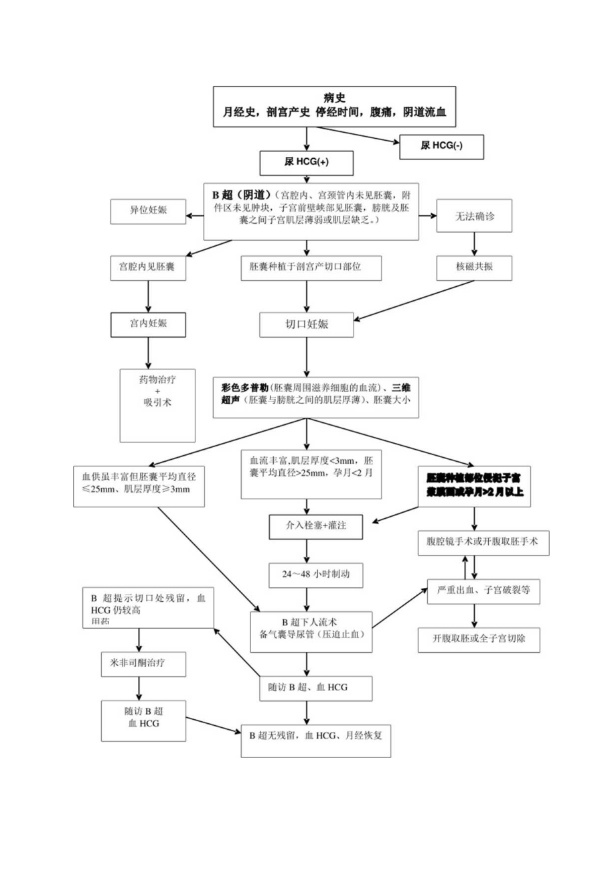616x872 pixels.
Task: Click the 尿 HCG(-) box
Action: click(x=441, y=146)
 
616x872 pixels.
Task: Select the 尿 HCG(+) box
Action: click(x=306, y=163)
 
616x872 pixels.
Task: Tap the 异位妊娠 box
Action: click(x=148, y=211)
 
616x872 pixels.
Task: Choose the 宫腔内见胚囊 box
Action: click(x=148, y=267)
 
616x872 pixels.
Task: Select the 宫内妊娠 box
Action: click(x=148, y=324)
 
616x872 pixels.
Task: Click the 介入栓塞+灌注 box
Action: click(x=307, y=527)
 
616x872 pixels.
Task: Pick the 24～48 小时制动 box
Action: click(x=307, y=574)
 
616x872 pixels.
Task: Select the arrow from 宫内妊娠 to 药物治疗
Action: click(x=148, y=353)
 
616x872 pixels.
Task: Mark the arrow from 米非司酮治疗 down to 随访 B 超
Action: click(x=139, y=688)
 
